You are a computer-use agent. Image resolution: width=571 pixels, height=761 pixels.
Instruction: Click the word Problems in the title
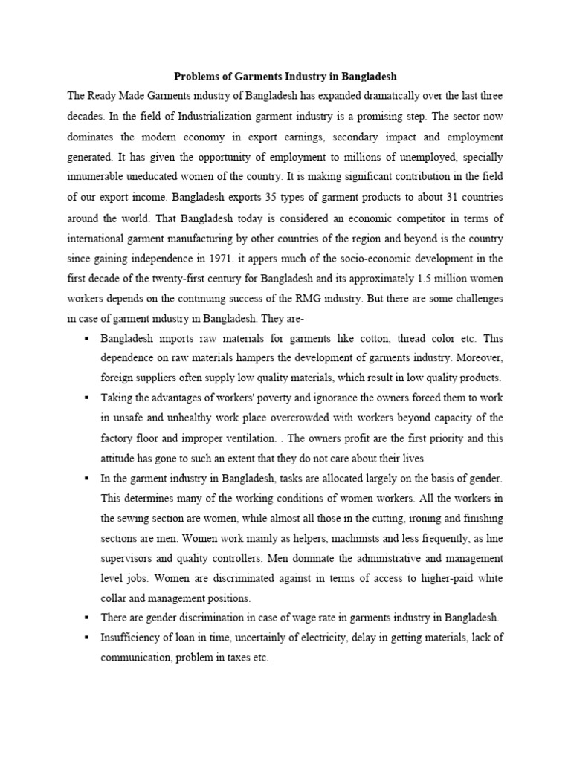[197, 76]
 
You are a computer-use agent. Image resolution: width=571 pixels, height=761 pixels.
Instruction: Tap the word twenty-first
[176, 279]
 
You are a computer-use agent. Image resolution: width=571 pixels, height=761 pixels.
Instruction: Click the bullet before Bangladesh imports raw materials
[87, 337]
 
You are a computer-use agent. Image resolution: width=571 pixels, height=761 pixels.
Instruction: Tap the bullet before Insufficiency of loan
[87, 638]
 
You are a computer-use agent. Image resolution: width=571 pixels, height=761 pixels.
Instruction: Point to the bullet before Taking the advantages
[87, 398]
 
